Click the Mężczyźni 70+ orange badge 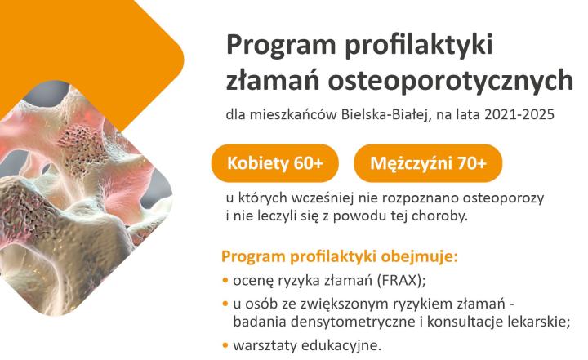click(428, 164)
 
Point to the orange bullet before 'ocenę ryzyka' click(225, 282)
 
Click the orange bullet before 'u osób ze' click(225, 304)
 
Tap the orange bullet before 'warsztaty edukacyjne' click(225, 345)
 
